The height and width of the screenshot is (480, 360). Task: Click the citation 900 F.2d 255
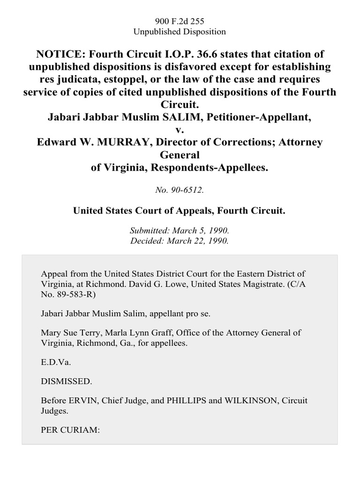coord(180,21)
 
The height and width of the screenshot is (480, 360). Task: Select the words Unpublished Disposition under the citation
coord(180,31)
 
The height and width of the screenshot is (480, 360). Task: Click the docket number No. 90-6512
coord(180,190)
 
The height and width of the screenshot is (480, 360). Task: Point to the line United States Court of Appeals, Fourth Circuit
coord(180,211)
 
